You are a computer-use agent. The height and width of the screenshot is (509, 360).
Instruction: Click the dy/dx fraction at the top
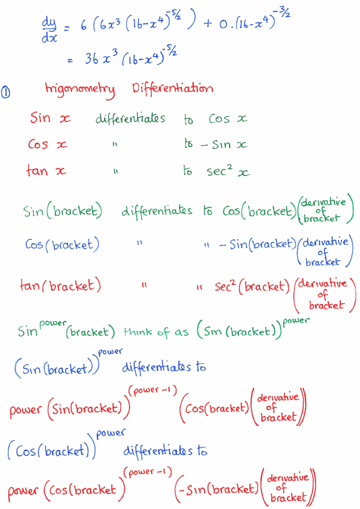coord(49,30)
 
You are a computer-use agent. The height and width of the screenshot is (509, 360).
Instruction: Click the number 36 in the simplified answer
coord(92,58)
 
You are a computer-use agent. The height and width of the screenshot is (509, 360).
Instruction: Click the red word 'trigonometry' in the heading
coord(80,90)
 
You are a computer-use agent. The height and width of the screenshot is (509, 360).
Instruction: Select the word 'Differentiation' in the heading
coord(173,88)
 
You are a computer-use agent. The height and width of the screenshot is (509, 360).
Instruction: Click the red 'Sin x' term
coord(51,118)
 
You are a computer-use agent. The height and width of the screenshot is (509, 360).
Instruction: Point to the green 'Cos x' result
coord(228,118)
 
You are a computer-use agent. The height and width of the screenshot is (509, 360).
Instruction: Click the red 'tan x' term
coord(46,170)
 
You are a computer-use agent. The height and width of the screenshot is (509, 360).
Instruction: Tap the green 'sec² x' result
coord(228,170)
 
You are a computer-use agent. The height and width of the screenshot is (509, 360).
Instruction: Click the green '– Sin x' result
coord(224,144)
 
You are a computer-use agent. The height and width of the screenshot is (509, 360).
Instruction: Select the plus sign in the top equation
coord(208,23)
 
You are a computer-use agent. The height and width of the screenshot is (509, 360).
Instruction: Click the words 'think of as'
coord(156,332)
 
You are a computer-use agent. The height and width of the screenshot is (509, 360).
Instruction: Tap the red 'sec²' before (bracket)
coord(225,286)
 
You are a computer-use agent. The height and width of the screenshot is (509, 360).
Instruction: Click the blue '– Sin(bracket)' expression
coord(258,244)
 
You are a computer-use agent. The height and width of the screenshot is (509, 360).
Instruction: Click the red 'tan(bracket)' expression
coord(61,285)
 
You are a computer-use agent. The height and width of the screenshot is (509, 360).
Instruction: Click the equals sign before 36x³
coord(71,61)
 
